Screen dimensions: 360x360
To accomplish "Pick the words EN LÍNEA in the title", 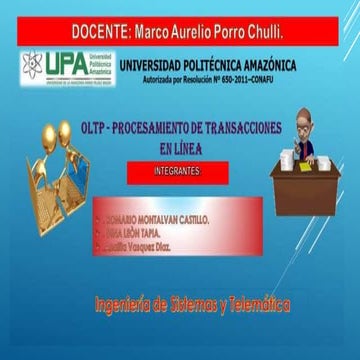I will click(180, 147).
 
